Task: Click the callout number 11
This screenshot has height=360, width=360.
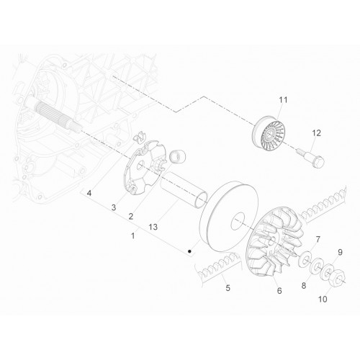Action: [283, 100]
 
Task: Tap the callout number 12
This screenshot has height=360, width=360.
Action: [316, 133]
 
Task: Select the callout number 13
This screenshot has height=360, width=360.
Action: [153, 227]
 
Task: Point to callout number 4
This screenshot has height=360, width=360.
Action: [89, 193]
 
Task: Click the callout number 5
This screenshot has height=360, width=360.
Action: [228, 288]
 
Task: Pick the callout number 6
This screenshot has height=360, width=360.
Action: [279, 291]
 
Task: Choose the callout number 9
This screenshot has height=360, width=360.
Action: [340, 252]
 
